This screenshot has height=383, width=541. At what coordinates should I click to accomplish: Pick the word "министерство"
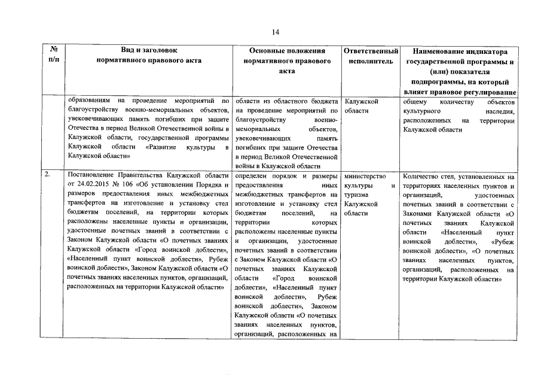(x=365, y=177)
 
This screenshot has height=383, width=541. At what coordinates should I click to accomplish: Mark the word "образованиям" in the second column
(x=89, y=101)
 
